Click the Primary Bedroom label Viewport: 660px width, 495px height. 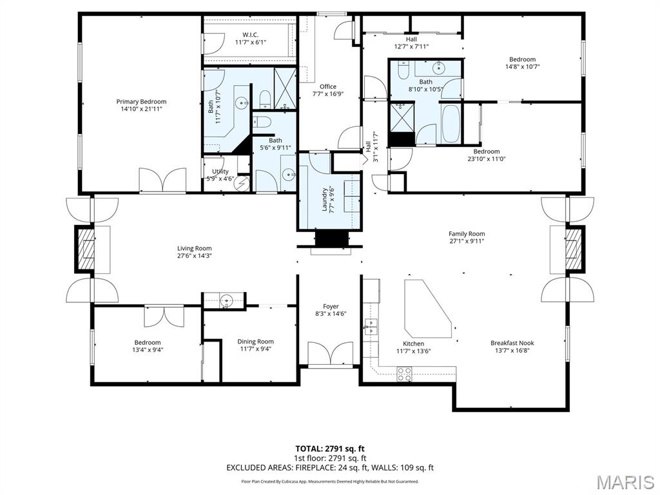click(141, 101)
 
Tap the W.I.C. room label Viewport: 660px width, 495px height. click(251, 35)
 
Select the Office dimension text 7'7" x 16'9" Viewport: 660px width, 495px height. click(328, 94)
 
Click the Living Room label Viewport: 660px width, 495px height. click(194, 248)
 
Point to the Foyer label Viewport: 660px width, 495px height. click(331, 306)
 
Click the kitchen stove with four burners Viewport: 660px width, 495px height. click(405, 374)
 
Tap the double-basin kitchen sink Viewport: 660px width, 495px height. click(371, 327)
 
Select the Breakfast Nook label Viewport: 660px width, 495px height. click(512, 343)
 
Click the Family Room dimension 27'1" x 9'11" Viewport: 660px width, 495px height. click(467, 241)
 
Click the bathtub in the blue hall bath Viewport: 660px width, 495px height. click(451, 122)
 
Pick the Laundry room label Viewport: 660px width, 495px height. click(325, 200)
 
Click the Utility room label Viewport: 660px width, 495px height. click(220, 171)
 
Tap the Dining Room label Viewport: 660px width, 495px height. click(255, 342)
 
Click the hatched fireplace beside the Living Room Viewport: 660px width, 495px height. click(88, 250)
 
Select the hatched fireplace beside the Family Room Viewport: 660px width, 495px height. click(573, 250)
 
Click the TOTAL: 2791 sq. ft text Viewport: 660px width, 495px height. click(329, 449)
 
